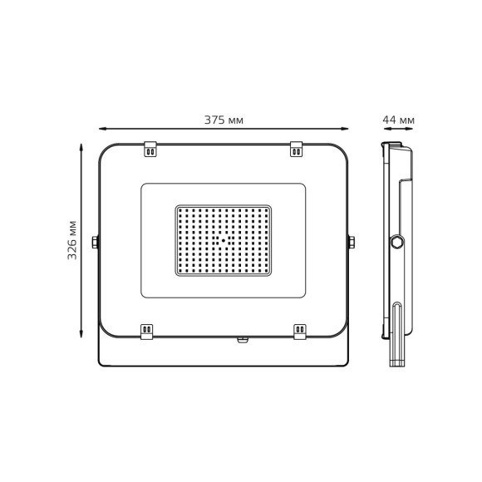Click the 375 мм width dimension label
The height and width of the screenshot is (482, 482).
point(224,120)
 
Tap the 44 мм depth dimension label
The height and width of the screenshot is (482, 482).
point(398,120)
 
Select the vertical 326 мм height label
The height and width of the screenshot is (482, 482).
point(73,240)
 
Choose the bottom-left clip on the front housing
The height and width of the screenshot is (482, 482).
point(147,330)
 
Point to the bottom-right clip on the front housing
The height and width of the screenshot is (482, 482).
point(300,330)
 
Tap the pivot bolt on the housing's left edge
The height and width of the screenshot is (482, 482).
point(96,242)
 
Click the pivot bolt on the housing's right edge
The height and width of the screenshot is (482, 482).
point(352,242)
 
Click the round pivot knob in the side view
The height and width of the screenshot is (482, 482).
point(397,242)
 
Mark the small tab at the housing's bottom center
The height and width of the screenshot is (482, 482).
point(243,339)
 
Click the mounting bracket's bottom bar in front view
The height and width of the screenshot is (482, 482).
point(224,365)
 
